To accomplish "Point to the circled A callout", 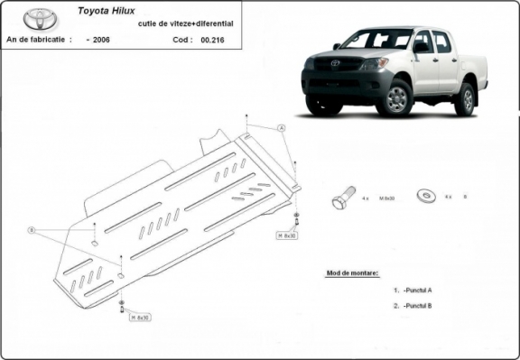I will coord(282,129).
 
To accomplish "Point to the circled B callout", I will coord(31,231).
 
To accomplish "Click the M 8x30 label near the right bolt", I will coord(287,235).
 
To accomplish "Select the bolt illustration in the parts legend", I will coord(343,197).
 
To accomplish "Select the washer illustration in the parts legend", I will coord(424,195).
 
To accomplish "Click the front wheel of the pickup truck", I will coord(395,98).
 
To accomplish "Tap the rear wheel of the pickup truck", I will coord(465,98).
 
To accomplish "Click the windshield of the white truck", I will coord(377,39).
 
